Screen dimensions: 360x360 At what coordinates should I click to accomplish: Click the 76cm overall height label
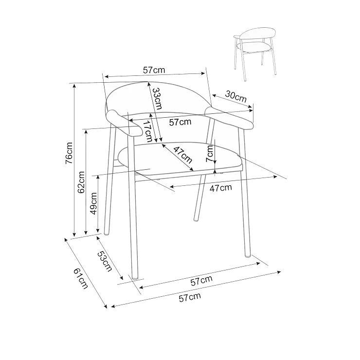coord(69,153)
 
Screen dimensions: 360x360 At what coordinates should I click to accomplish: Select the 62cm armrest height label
coord(81,182)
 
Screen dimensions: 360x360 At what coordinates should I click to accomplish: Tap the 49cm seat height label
coord(93,203)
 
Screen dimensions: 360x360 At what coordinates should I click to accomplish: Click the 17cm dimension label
coord(147,131)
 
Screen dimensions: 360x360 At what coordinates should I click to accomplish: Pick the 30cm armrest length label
coord(236,97)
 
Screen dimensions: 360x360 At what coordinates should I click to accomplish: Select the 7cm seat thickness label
coord(209,154)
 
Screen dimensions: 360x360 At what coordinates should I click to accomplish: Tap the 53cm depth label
coord(105,262)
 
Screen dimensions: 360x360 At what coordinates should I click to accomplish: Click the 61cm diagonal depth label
coord(81,278)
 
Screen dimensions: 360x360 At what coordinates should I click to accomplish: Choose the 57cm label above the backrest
coord(154,70)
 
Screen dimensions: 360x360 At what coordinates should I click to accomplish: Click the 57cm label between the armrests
coord(180,122)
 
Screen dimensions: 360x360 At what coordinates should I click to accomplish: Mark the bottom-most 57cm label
coord(190,297)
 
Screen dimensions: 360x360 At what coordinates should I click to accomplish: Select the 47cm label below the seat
coord(221,188)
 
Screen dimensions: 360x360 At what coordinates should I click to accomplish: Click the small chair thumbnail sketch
coord(255,54)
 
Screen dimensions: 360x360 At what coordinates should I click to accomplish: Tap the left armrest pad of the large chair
coord(124,123)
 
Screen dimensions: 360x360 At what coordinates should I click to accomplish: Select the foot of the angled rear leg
coord(196,219)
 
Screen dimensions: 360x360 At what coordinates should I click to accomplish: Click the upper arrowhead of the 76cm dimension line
coord(74,86)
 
